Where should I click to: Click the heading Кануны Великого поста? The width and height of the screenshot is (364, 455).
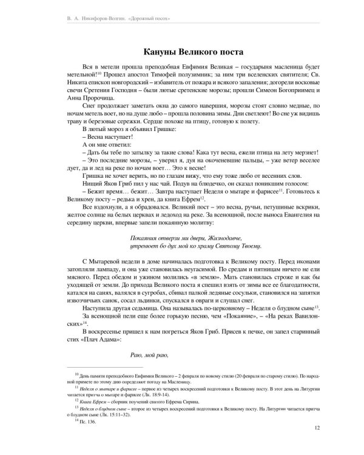pyautogui.click(x=181, y=52)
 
